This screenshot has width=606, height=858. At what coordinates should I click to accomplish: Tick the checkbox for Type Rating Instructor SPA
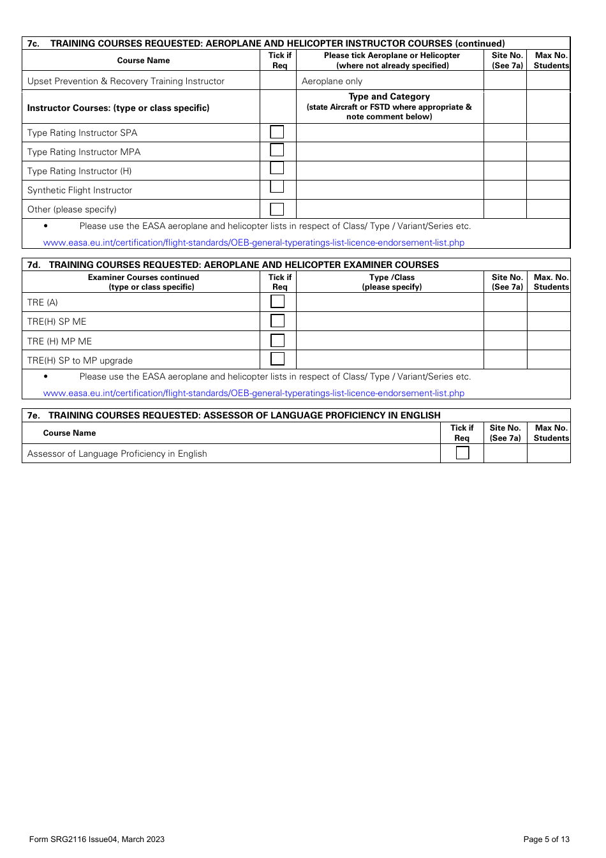point(277,132)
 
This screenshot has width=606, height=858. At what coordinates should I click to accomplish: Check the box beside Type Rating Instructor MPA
point(277,151)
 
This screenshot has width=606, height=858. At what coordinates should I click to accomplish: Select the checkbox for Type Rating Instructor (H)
point(277,169)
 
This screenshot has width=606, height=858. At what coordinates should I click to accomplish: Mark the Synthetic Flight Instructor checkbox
point(277,188)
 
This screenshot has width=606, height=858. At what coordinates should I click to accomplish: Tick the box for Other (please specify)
point(277,209)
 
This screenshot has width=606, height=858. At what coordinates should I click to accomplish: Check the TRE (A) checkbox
point(277,301)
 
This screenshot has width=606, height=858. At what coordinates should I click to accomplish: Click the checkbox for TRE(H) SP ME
point(277,320)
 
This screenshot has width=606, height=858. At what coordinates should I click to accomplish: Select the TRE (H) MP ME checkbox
point(277,340)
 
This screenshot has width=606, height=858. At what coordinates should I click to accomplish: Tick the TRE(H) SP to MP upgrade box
point(277,359)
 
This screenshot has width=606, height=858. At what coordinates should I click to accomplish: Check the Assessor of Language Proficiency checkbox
point(462,453)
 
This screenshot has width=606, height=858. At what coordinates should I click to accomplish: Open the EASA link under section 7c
point(253,242)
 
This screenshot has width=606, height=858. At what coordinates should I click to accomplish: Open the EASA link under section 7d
point(253,393)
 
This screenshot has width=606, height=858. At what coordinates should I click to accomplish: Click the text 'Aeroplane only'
point(332,81)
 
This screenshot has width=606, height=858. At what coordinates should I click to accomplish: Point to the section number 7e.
point(33,415)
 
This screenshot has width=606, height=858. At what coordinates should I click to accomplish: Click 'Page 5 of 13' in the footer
point(546,840)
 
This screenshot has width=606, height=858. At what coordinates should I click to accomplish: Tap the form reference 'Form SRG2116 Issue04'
point(73,840)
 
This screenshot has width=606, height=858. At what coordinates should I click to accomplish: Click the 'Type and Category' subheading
point(389,96)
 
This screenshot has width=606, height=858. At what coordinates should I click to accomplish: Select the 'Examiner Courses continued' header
point(144,277)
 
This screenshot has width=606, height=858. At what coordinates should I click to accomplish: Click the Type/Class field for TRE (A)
point(390,302)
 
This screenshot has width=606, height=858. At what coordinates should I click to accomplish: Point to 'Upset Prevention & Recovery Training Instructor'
point(126,81)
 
